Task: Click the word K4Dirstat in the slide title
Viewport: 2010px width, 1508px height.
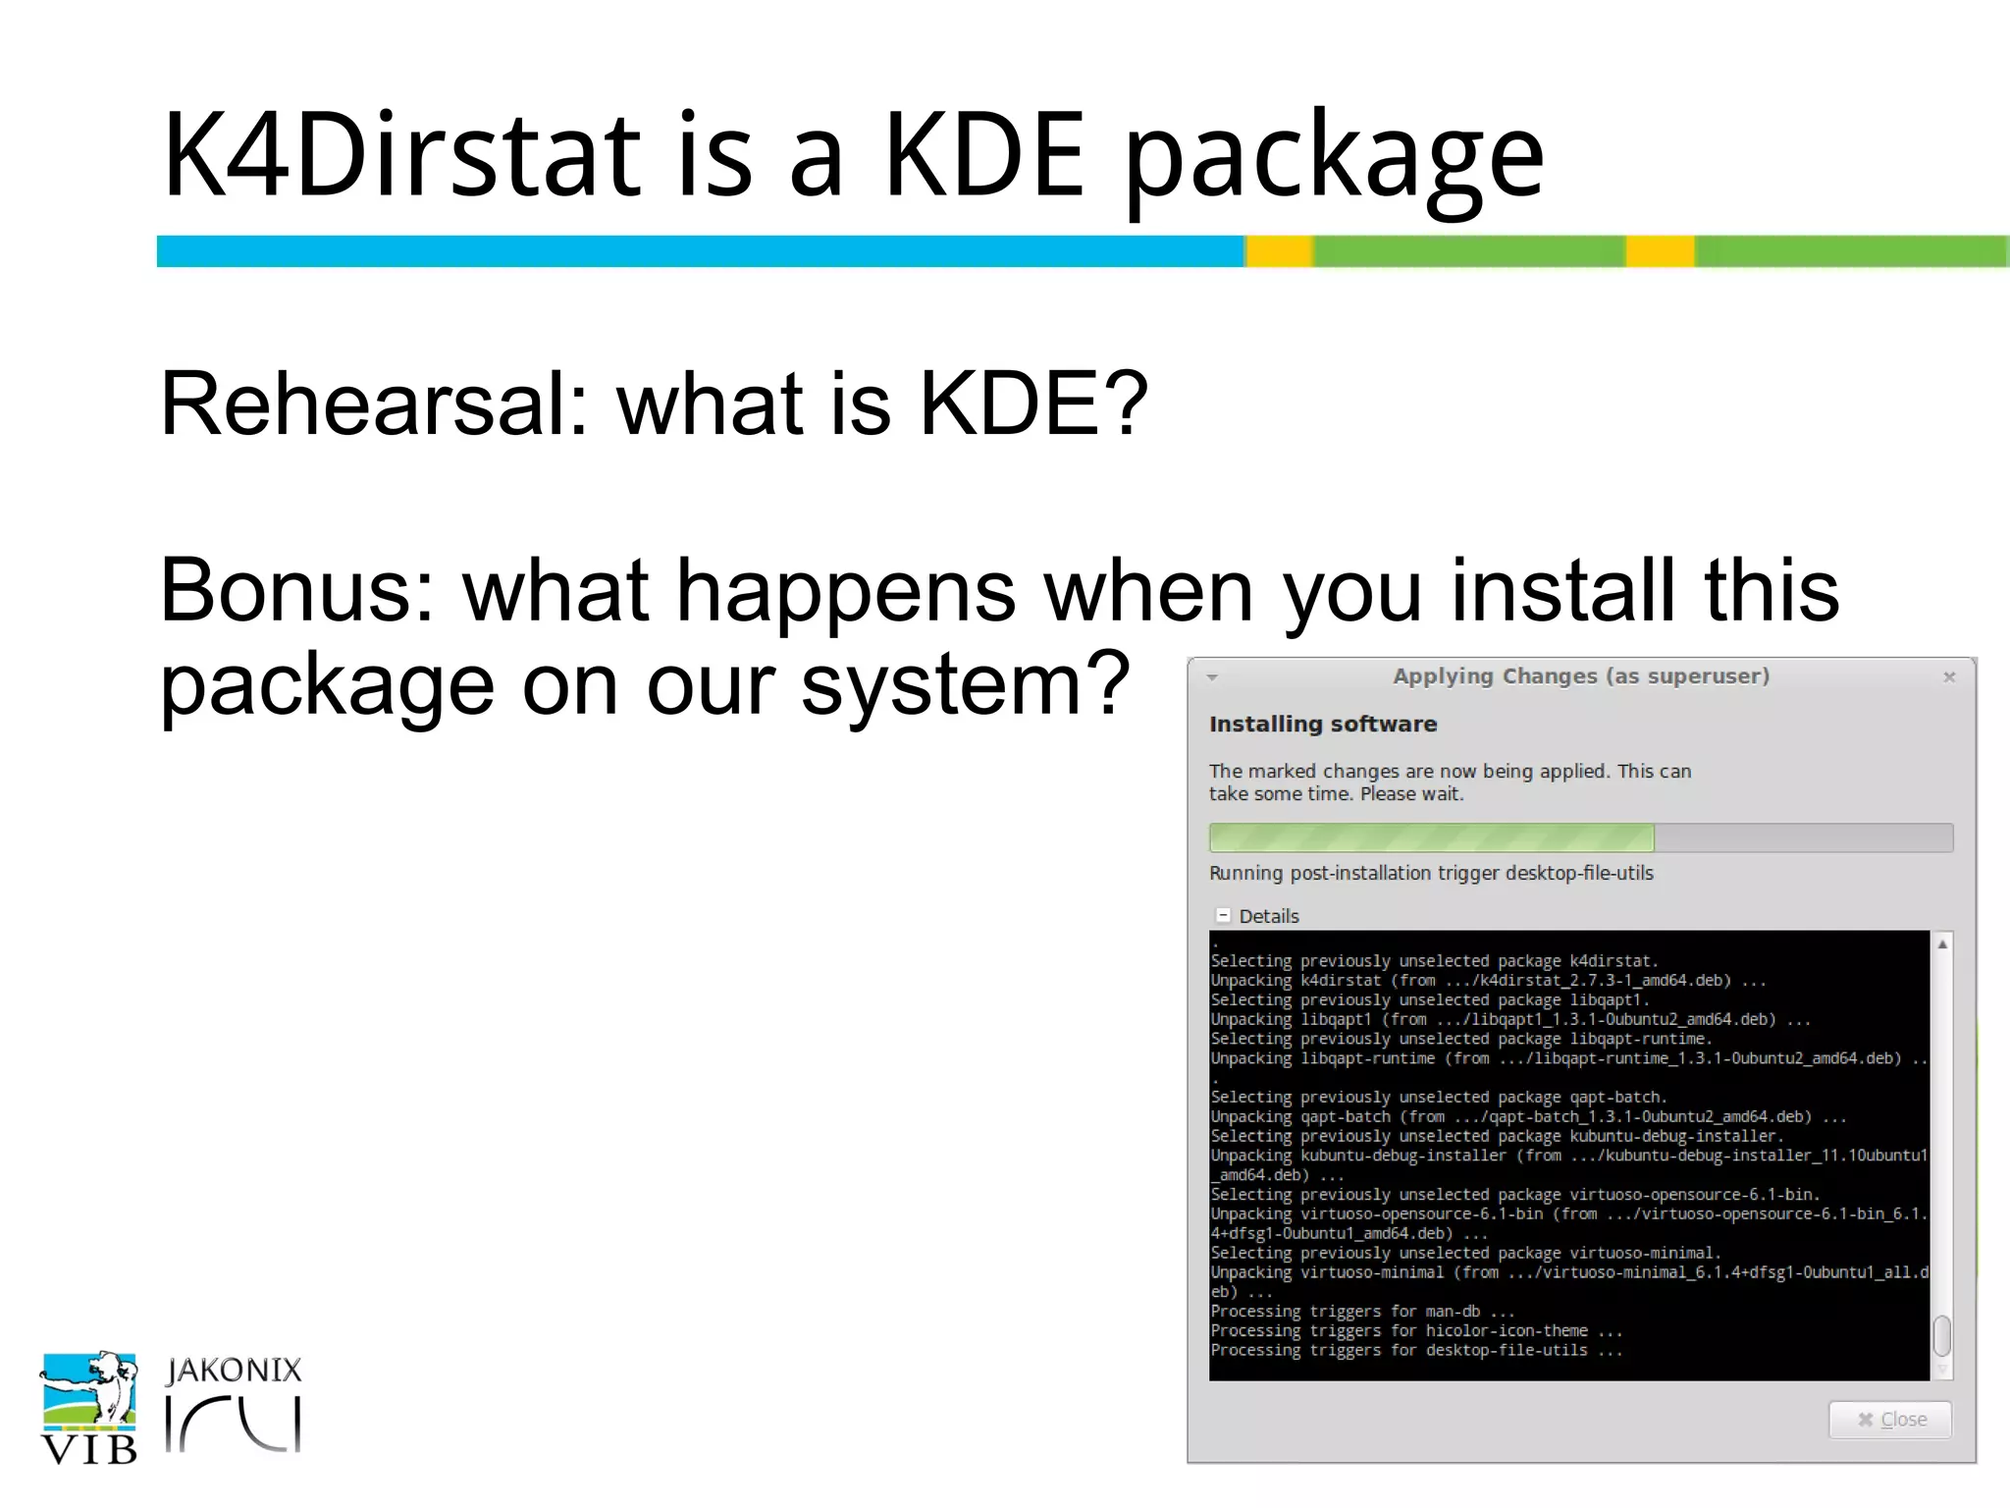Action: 401,155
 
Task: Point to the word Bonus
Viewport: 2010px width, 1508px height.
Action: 295,590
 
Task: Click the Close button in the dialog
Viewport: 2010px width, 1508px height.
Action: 1890,1420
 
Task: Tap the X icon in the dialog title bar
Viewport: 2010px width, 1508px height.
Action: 1949,676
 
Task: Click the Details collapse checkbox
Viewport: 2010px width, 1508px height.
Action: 1223,915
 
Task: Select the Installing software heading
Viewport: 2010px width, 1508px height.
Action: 1322,725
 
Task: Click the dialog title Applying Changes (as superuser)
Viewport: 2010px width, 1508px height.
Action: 1580,676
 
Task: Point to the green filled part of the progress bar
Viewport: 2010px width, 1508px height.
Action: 1430,837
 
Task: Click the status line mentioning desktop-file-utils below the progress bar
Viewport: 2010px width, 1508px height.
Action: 1430,873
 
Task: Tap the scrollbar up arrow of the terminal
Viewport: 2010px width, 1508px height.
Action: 1942,944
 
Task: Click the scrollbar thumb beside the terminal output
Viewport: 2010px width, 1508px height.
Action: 1941,1334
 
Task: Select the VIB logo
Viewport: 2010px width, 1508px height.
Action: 89,1409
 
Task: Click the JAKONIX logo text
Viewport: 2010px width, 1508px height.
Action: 234,1371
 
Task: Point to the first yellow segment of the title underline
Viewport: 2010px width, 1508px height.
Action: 1279,251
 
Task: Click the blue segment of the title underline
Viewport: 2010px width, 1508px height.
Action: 699,251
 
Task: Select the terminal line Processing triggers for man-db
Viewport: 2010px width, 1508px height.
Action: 1361,1312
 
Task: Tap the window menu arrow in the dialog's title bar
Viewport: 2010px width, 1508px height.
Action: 1213,676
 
